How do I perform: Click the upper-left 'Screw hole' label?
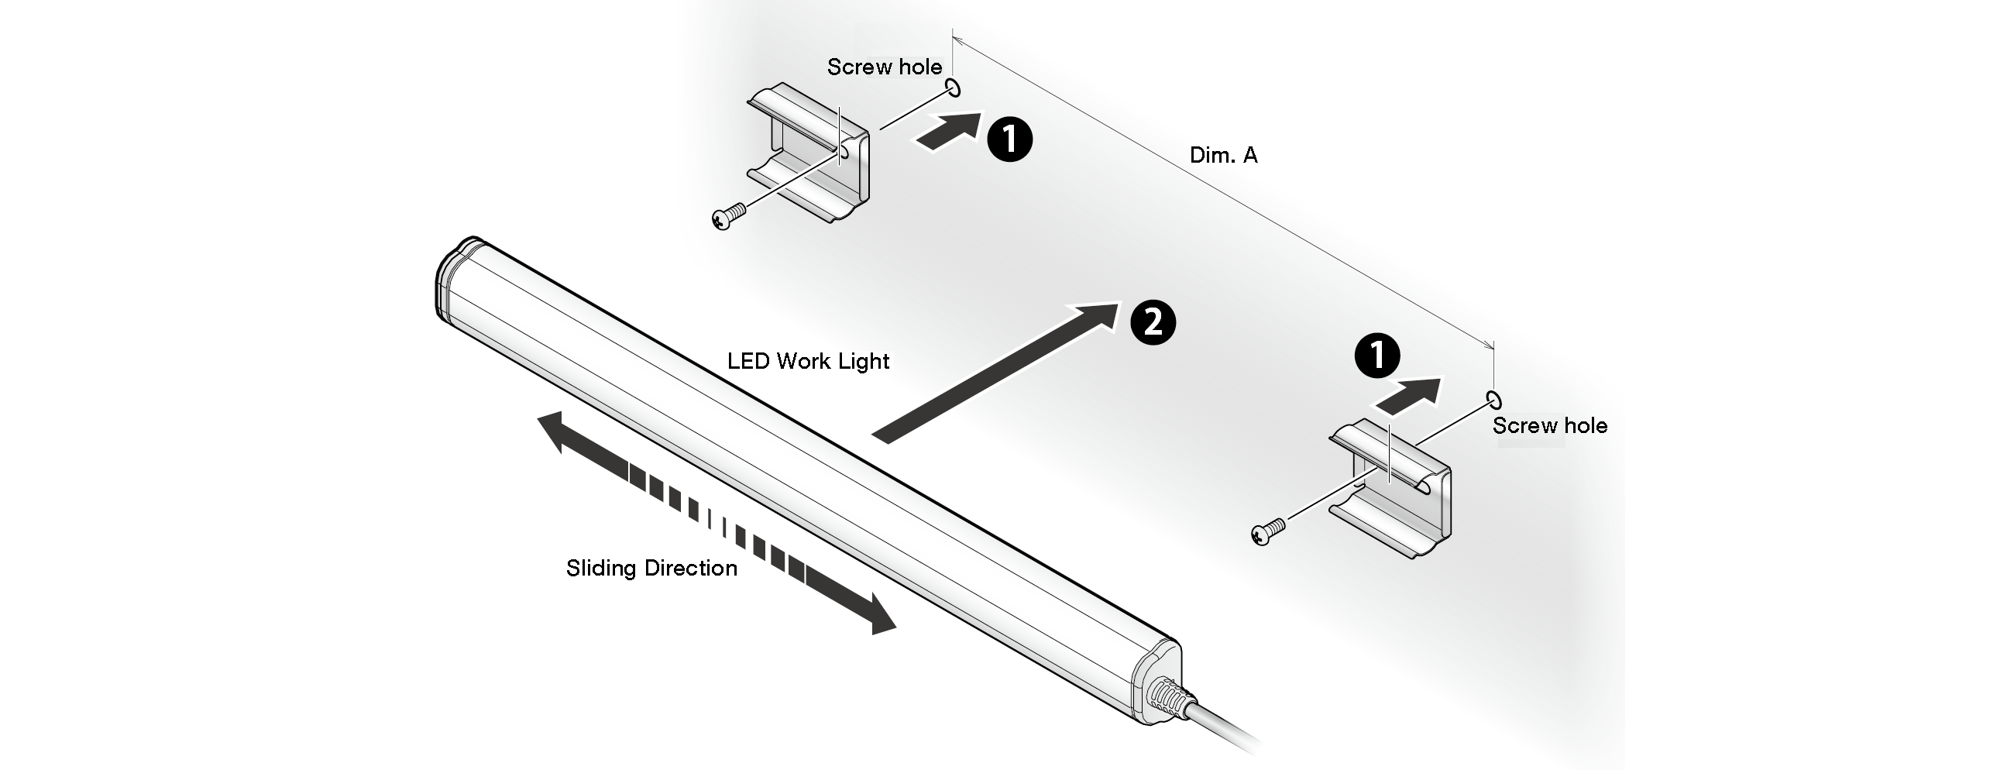[x=885, y=67]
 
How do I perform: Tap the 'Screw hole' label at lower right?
[x=1549, y=426]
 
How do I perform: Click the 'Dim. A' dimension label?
[x=1224, y=155]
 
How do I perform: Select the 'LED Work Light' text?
[x=809, y=361]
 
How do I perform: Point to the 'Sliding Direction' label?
[x=651, y=568]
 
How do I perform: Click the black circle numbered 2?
[x=1153, y=322]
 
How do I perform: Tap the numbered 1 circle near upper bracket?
[x=1009, y=139]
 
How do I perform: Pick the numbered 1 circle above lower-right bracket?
[x=1376, y=356]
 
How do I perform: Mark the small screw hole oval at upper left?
[x=953, y=88]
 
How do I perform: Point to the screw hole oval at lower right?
[x=1494, y=400]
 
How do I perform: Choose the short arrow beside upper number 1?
[x=948, y=132]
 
